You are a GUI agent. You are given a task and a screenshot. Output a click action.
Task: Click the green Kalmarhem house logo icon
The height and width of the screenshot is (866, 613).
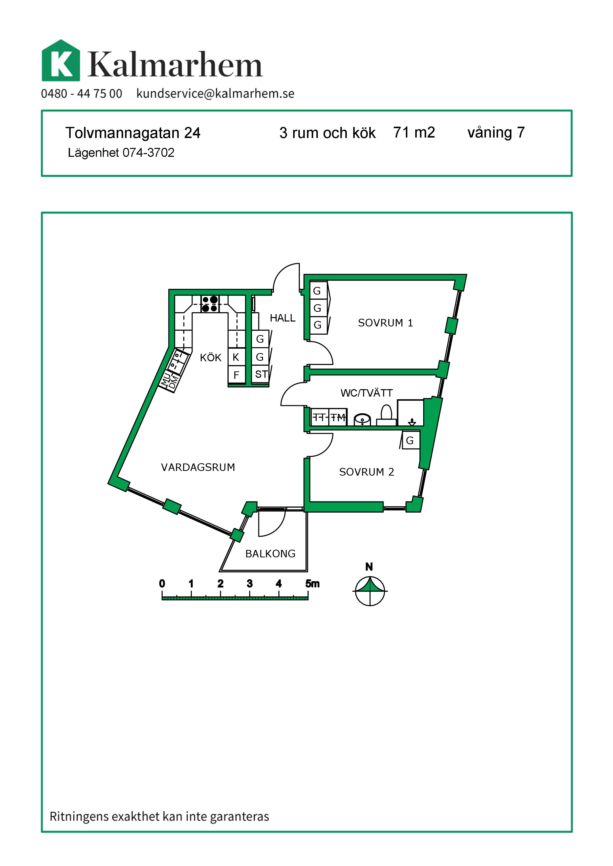coord(61,61)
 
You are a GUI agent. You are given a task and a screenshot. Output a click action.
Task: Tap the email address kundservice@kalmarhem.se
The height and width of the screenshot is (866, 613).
coord(215,94)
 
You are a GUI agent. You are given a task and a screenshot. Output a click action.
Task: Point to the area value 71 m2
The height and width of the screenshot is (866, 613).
coord(414,132)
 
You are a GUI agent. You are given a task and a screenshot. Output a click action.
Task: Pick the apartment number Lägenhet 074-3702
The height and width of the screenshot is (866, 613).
coord(121,153)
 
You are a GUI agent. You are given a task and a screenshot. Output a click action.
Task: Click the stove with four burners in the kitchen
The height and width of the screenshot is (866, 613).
coord(210,304)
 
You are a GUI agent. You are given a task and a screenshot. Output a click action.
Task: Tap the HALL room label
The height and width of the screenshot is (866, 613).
coord(282,318)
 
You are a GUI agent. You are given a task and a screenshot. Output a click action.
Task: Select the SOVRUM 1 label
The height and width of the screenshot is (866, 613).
coord(385,323)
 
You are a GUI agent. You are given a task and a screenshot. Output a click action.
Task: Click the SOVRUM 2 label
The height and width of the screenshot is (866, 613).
coord(366,472)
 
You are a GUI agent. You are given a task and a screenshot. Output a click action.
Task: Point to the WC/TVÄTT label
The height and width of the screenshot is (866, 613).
coord(366,393)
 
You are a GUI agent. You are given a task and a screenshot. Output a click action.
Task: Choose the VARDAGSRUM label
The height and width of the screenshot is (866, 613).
coord(198,467)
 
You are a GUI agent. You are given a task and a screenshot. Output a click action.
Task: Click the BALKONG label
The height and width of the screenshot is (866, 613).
coord(270,554)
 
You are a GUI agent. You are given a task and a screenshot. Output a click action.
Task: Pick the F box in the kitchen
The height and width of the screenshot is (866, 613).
coord(236,375)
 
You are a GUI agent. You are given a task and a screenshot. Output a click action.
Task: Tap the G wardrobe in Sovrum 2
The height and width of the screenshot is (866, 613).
coord(410,440)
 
